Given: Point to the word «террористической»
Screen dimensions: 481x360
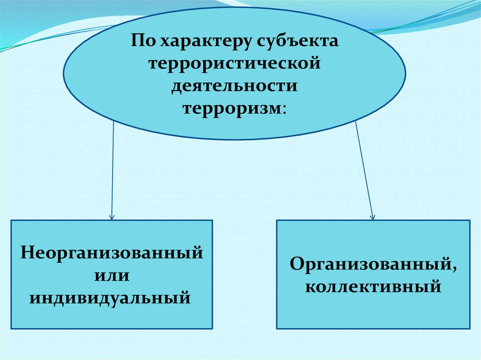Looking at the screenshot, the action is pyautogui.click(x=235, y=63).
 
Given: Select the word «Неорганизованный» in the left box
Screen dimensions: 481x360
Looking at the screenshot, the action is pyautogui.click(x=112, y=252).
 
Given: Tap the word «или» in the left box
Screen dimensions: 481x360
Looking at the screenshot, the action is pyautogui.click(x=112, y=274).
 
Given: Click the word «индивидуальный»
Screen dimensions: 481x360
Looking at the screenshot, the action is pyautogui.click(x=112, y=297).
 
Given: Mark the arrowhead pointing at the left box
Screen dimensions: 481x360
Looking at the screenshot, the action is pyautogui.click(x=112, y=217).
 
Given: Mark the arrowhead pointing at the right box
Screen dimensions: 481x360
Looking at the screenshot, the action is pyautogui.click(x=372, y=217).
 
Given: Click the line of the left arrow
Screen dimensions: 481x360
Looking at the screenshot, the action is pyautogui.click(x=113, y=169).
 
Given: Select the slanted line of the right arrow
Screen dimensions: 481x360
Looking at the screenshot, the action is pyautogui.click(x=365, y=169).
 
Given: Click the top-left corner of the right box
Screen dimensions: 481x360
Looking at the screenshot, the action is pyautogui.click(x=277, y=221).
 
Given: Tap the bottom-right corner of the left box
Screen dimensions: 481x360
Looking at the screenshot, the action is pyautogui.click(x=212, y=328).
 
